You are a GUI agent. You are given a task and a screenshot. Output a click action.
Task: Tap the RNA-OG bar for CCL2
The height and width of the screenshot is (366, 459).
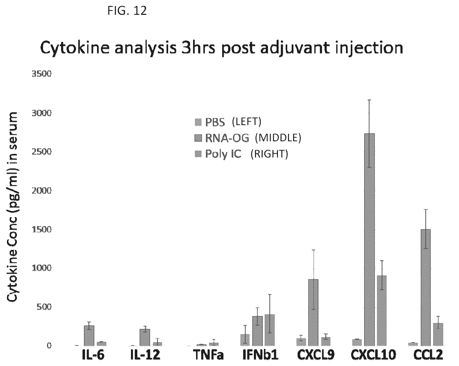[425, 287]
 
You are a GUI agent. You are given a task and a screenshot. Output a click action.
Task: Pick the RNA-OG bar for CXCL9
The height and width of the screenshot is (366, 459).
[313, 312]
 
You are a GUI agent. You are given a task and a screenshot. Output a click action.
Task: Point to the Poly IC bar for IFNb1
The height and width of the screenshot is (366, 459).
[270, 330]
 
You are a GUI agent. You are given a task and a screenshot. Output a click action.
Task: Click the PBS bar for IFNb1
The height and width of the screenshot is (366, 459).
[245, 340]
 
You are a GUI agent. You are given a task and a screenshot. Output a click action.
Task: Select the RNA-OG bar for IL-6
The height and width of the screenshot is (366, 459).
[89, 336]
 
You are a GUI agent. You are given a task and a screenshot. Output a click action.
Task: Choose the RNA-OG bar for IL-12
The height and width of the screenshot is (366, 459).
[145, 337]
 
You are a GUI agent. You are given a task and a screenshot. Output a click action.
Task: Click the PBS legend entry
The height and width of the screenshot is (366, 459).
[228, 122]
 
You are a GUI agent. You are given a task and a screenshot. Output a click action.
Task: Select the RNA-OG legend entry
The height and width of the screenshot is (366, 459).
[248, 138]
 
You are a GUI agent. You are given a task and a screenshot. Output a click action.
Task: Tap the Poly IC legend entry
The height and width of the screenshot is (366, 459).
[241, 154]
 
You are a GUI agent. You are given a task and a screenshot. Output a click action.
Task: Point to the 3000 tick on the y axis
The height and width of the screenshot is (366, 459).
[41, 113]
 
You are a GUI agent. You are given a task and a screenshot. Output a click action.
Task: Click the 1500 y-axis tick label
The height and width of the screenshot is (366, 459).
[41, 230]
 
